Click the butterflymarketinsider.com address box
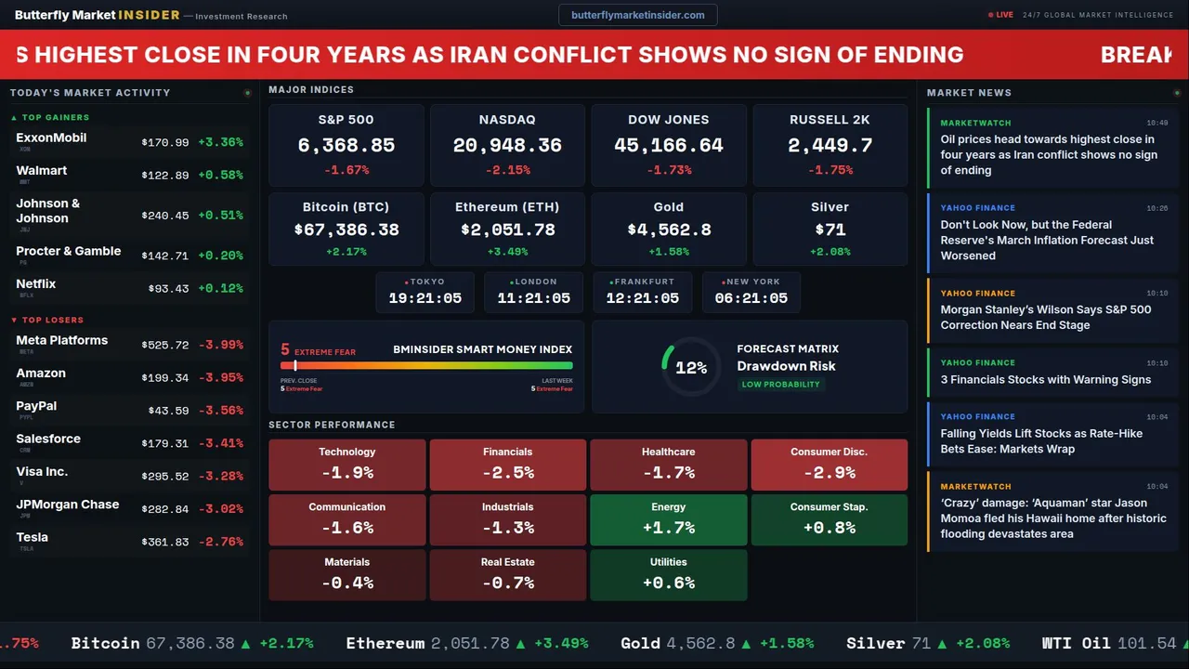point(637,15)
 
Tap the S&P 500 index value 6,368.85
point(346,146)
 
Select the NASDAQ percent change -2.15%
point(507,170)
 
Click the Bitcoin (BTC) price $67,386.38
point(346,230)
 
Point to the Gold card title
point(668,207)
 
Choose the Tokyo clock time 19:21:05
point(425,298)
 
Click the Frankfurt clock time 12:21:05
point(642,298)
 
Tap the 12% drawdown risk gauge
point(690,368)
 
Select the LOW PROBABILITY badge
point(780,385)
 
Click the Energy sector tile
point(668,519)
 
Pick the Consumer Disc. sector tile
point(829,465)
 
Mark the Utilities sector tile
point(668,575)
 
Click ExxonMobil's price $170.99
point(165,143)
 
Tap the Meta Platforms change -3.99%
point(220,345)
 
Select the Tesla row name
point(33,537)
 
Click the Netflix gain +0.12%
point(220,289)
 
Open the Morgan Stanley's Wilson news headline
point(1045,317)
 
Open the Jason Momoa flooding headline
point(1052,518)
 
